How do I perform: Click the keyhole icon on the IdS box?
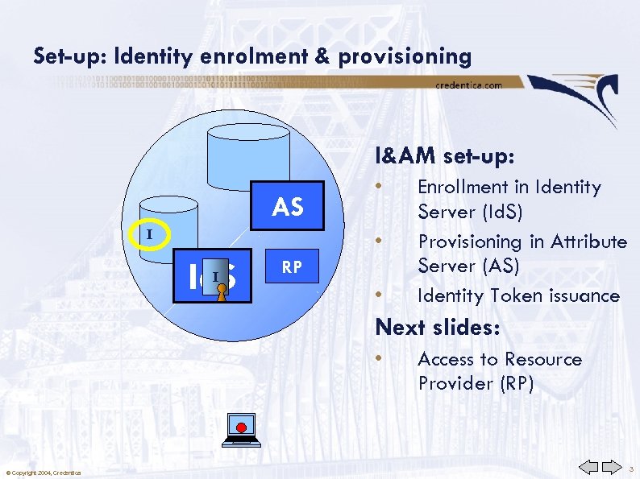click(222, 292)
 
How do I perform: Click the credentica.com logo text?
click(468, 85)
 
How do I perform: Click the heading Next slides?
click(438, 328)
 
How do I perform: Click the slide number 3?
click(631, 468)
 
